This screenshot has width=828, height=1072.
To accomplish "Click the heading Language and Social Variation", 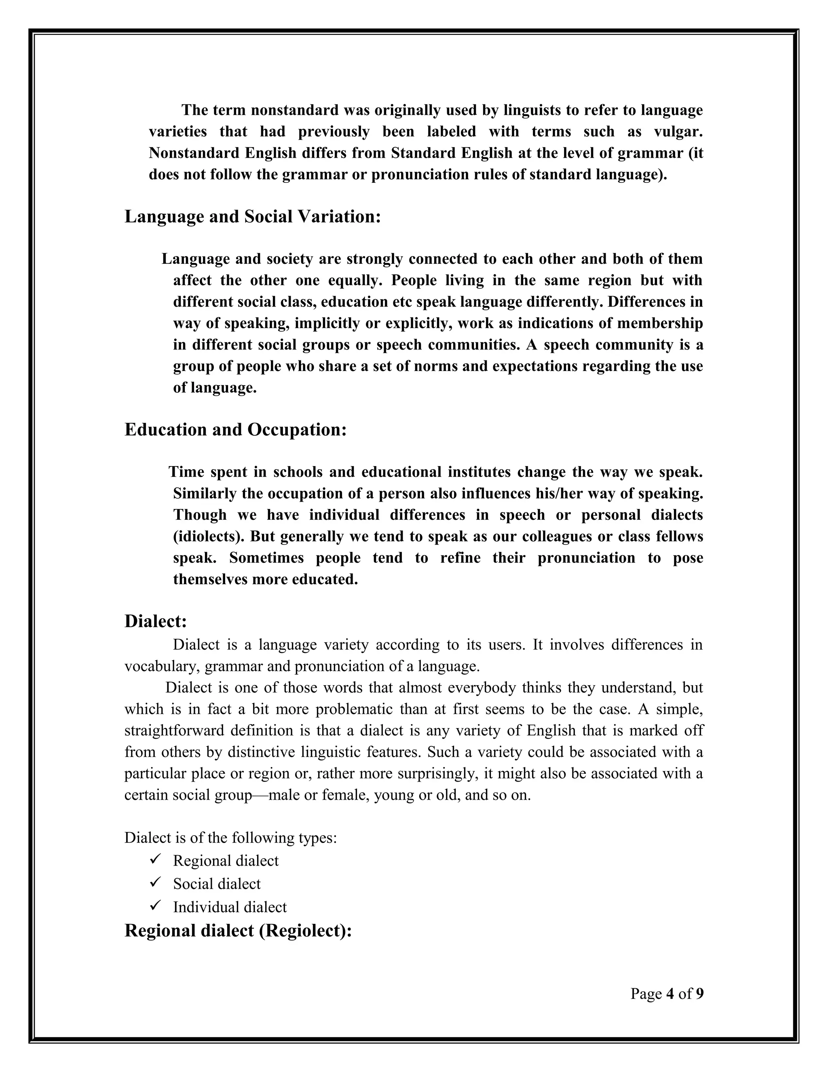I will (x=253, y=216).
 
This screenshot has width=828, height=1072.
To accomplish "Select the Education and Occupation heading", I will (x=235, y=430).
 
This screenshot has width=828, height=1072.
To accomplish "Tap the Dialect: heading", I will (x=156, y=621).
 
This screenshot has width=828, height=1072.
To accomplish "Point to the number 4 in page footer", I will (x=670, y=994).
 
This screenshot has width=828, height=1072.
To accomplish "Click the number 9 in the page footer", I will (x=699, y=994).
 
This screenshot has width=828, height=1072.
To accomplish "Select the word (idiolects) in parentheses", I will (x=209, y=536).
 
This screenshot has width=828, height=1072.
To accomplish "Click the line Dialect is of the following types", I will (x=230, y=837).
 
